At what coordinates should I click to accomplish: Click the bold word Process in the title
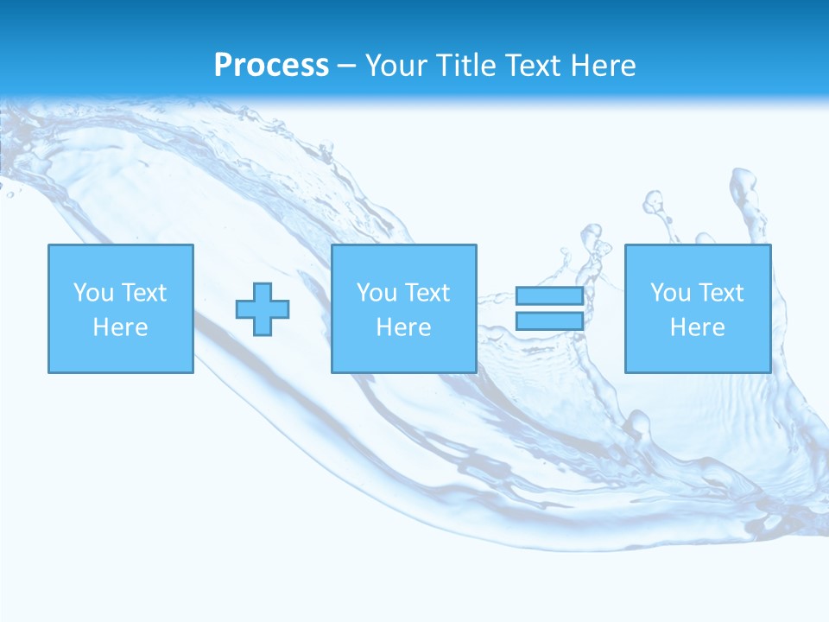[x=271, y=66]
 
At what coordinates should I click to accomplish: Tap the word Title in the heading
[x=467, y=66]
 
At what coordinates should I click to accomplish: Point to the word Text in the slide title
[x=534, y=66]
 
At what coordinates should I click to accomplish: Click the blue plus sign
[x=263, y=308]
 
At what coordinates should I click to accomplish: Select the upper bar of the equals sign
[x=549, y=295]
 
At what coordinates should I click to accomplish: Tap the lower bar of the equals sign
[x=549, y=321]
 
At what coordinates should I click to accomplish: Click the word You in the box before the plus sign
[x=93, y=293]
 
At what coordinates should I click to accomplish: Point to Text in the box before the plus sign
[x=143, y=293]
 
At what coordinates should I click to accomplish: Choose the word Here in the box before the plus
[x=120, y=327]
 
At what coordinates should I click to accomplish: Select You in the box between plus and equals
[x=377, y=293]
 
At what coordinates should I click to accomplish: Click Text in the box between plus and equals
[x=427, y=293]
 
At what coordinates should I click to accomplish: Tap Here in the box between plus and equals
[x=403, y=327]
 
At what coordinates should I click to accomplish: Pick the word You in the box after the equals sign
[x=670, y=293]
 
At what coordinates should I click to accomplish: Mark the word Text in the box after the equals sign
[x=720, y=293]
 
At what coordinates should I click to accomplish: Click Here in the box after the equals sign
[x=697, y=327]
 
